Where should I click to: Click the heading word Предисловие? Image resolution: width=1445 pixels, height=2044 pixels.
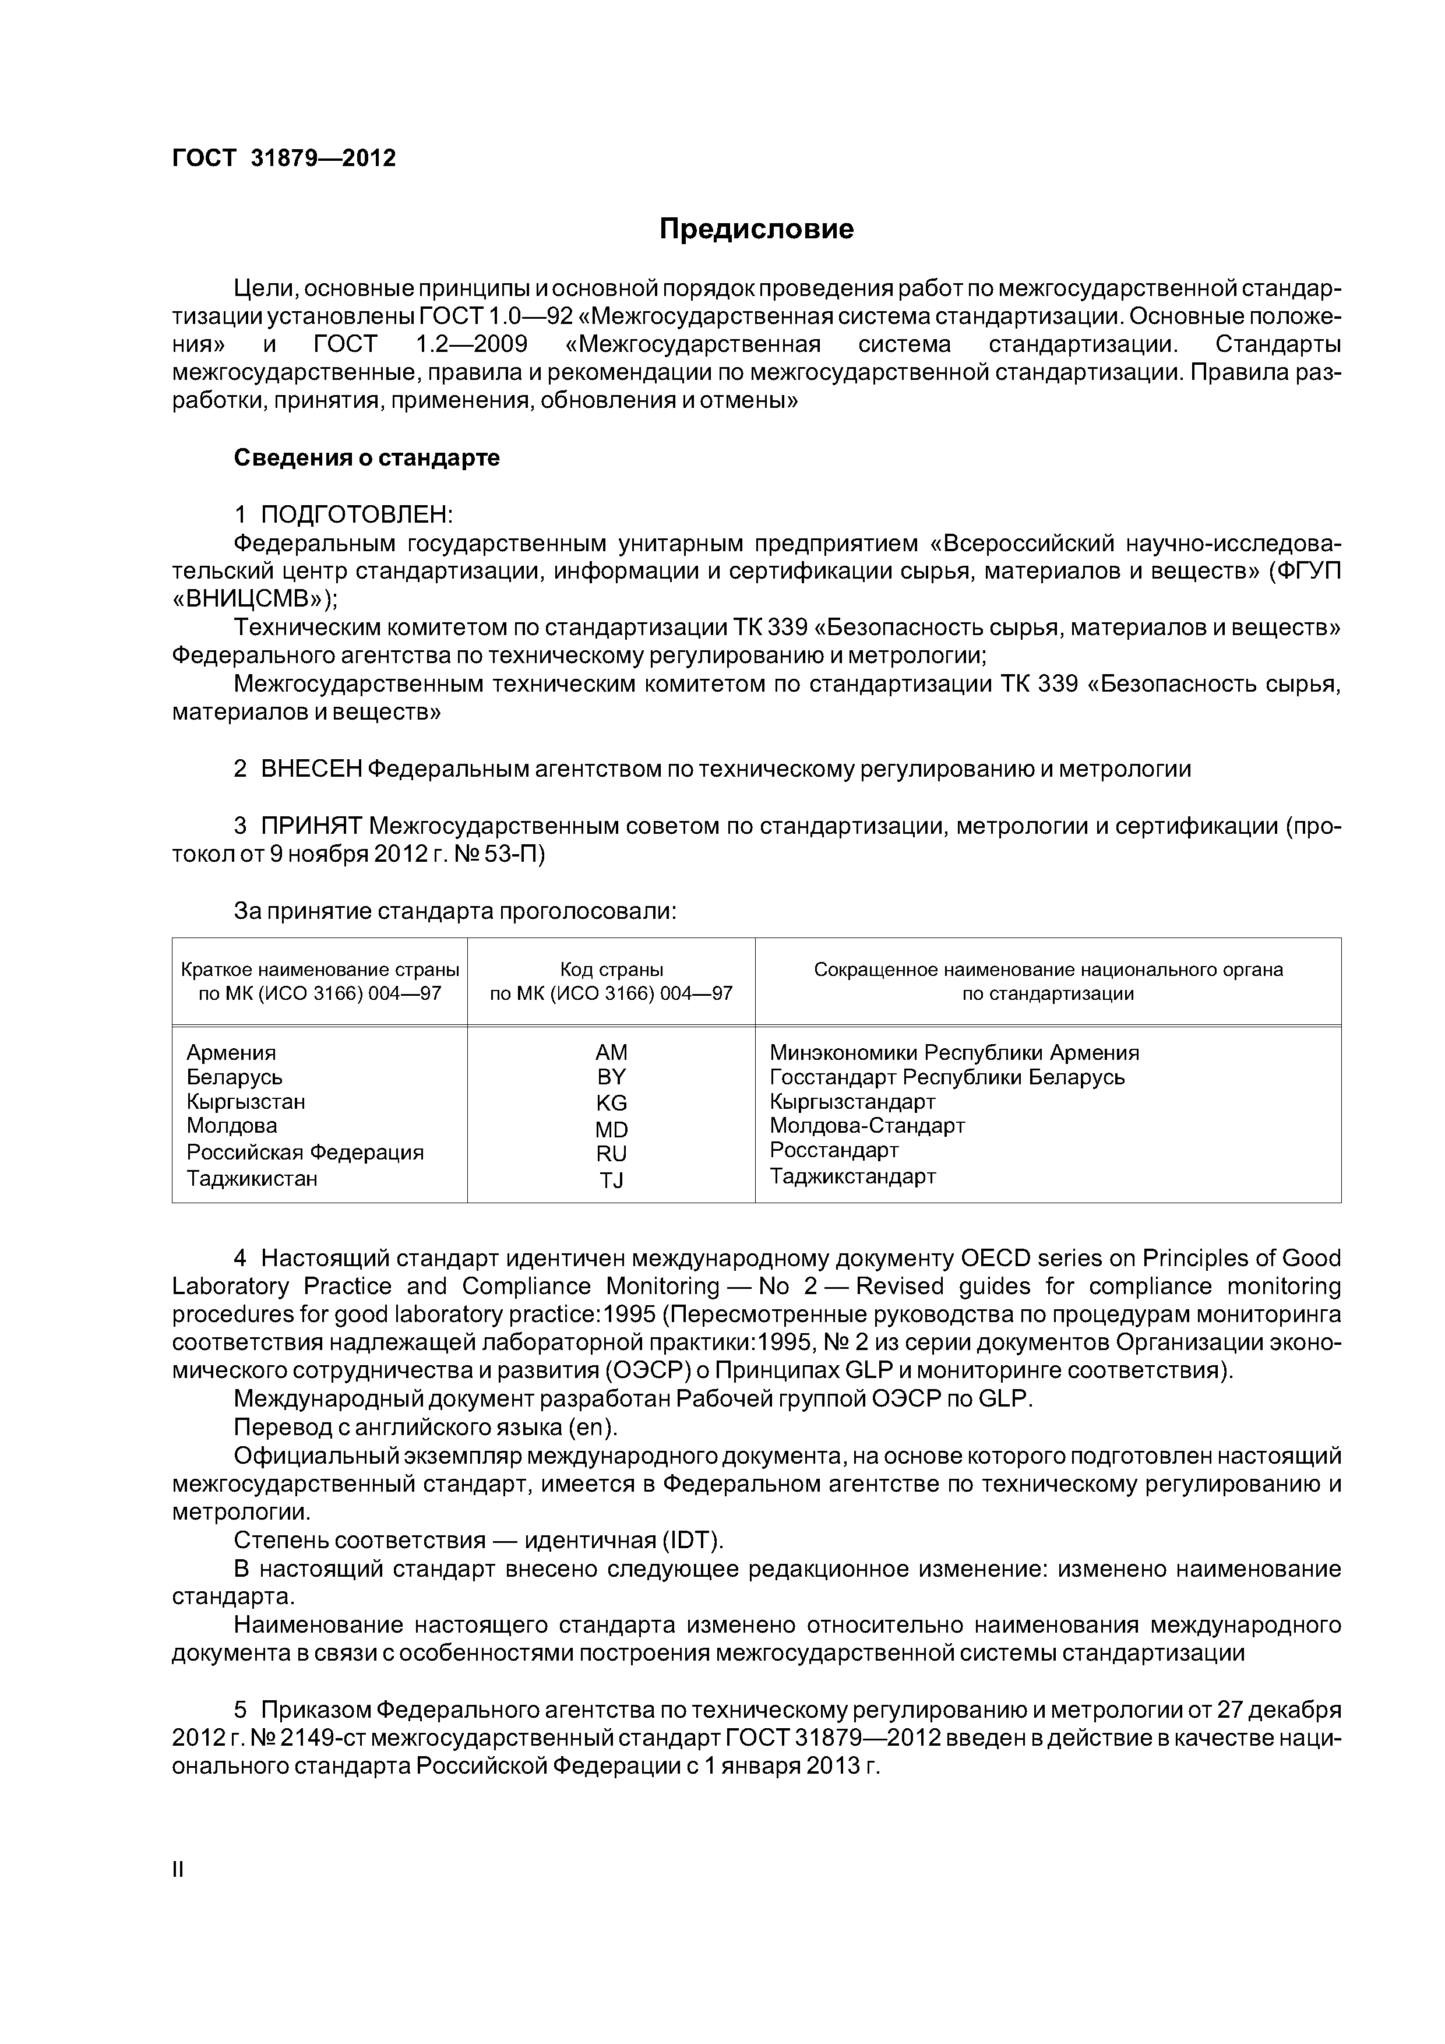tap(756, 230)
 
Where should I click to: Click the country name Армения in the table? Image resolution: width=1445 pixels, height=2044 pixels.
tap(231, 1053)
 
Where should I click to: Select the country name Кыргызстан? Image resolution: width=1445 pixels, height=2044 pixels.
tap(246, 1102)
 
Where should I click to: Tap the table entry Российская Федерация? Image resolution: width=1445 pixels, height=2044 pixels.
tap(305, 1153)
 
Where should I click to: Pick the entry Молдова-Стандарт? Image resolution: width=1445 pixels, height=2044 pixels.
tap(867, 1126)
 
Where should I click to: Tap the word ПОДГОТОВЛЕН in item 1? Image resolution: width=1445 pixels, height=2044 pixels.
tap(355, 514)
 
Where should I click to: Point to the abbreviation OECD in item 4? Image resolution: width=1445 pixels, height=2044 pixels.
tap(995, 1258)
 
